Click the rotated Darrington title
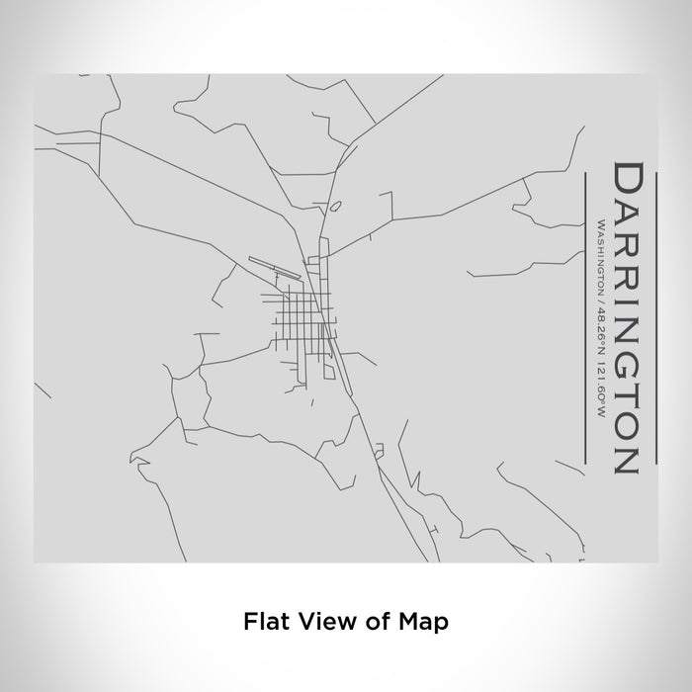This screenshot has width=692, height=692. (628, 316)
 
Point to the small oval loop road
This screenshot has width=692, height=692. (335, 207)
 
